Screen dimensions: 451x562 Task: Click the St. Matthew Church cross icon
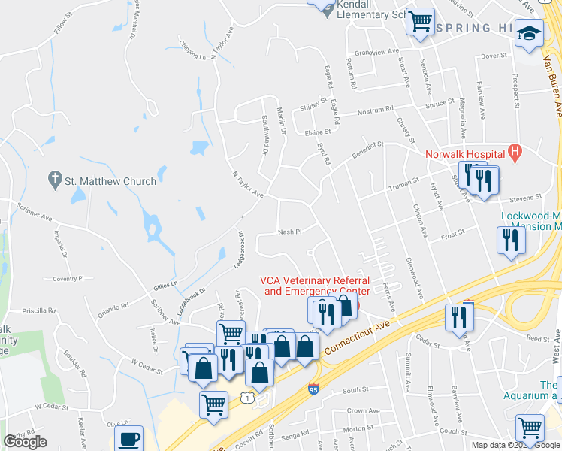click(54, 180)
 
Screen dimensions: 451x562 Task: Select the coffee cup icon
click(128, 439)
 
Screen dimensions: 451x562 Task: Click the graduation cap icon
click(530, 33)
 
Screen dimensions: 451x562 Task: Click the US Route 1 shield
click(246, 395)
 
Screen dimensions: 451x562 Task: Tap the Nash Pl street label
click(289, 232)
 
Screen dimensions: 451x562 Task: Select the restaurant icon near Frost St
click(510, 241)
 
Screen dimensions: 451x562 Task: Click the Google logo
click(26, 442)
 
